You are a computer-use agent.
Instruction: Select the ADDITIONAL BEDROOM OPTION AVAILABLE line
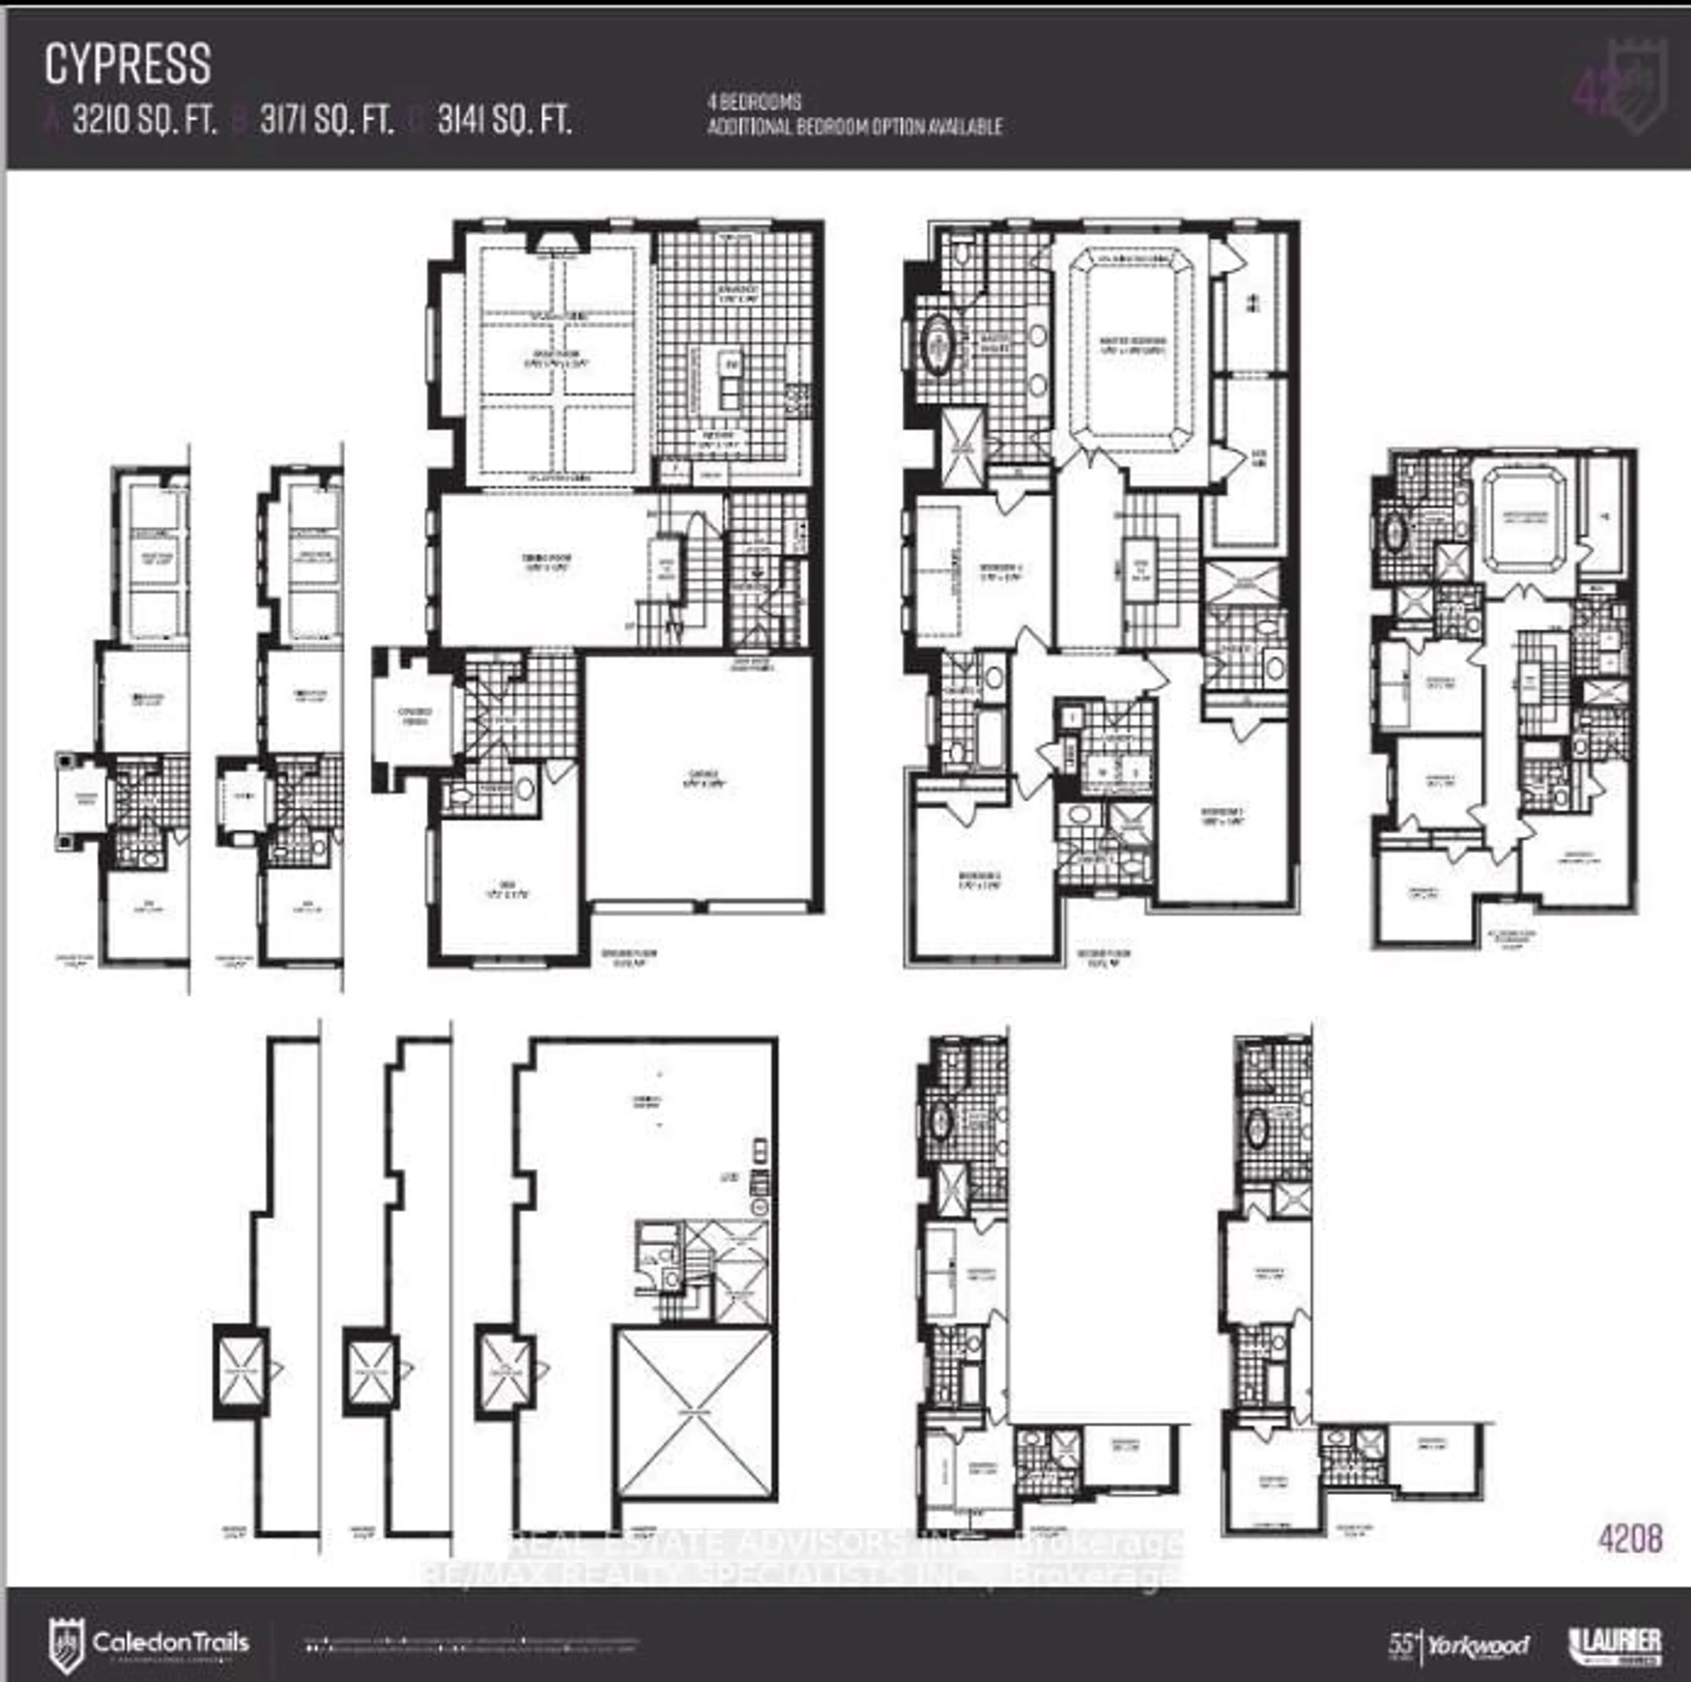coord(854,127)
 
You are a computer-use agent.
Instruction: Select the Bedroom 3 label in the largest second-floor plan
coord(1223,817)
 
